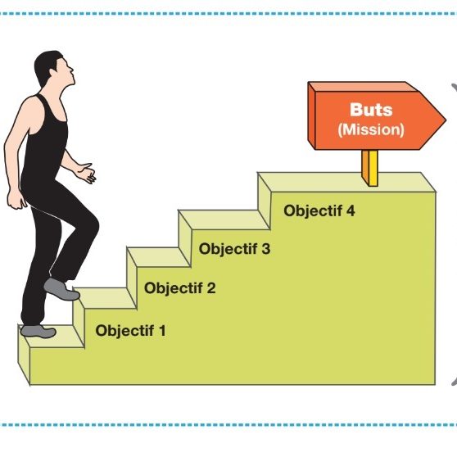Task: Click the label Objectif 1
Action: pos(130,331)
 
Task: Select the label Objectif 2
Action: pos(180,288)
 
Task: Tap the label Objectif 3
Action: pos(234,249)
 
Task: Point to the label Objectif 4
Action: pos(319,210)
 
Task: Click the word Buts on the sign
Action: pos(371,110)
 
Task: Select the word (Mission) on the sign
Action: pos(371,129)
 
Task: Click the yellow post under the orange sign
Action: pos(370,168)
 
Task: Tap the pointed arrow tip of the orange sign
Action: pos(446,120)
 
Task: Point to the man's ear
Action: pos(53,73)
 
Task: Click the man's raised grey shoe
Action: pos(61,290)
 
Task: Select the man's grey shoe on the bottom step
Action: pos(38,332)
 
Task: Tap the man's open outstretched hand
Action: pos(87,174)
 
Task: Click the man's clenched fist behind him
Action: pos(16,199)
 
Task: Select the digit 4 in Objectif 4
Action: pos(351,210)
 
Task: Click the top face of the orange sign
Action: pos(364,87)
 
